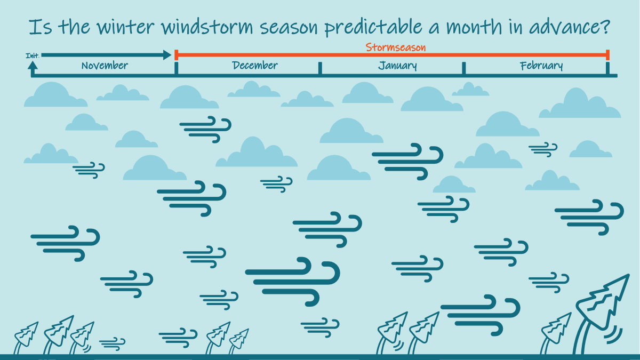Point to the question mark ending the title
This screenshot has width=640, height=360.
(605, 27)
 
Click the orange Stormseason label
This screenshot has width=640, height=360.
(395, 47)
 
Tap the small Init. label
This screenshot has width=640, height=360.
(32, 55)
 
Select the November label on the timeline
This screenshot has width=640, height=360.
(105, 66)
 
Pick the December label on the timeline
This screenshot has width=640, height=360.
(255, 66)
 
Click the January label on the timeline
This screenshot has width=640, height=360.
(397, 66)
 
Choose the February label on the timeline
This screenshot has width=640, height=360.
(541, 66)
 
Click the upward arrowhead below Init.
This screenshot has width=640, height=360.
(33, 65)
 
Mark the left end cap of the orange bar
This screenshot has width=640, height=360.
(176, 54)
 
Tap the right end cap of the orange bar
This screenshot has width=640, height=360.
(607, 54)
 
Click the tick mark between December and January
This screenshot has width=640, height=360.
(320, 68)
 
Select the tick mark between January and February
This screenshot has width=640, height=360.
(463, 68)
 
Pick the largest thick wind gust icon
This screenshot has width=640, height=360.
(293, 280)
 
